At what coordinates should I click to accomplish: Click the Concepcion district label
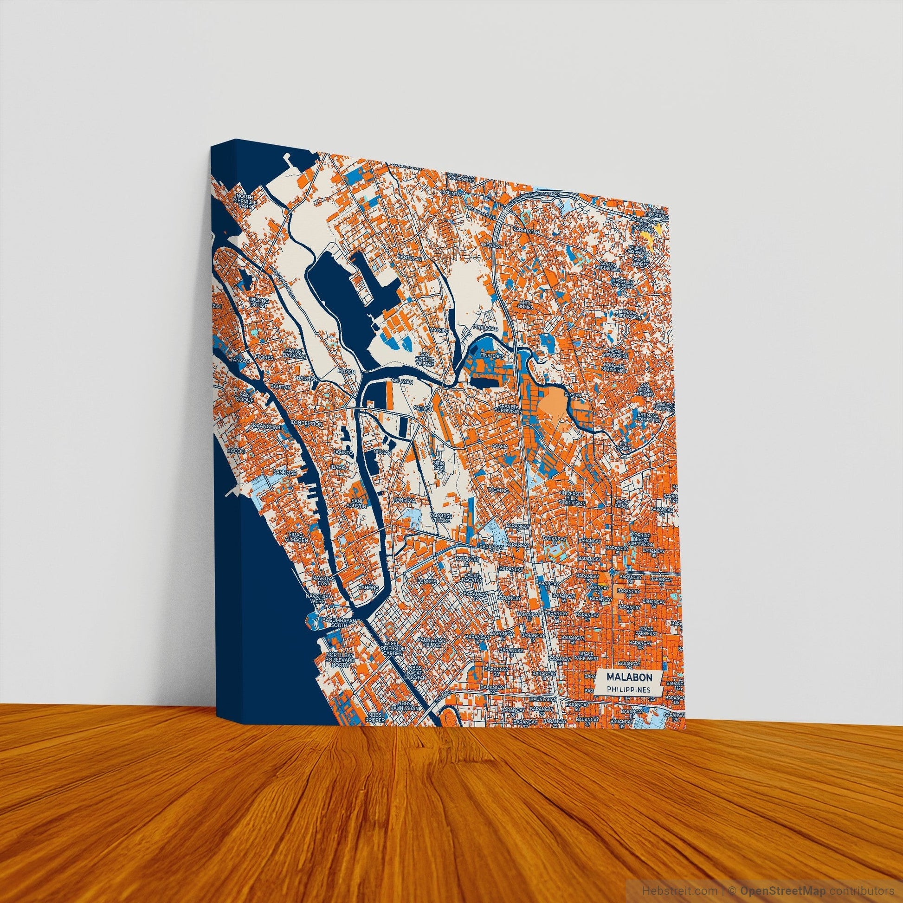[x=307, y=423]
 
